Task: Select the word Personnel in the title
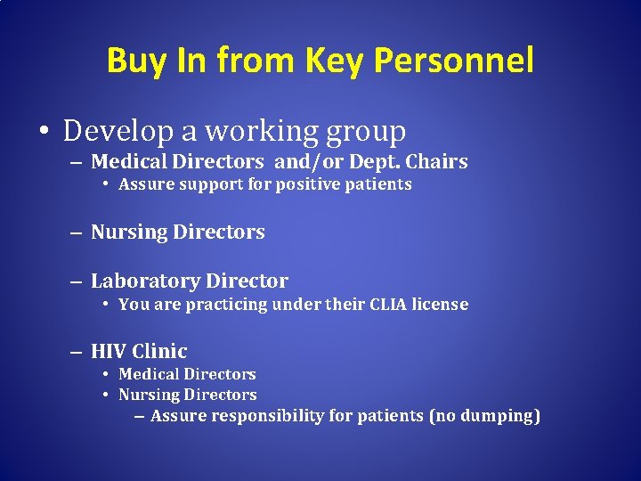pos(454,61)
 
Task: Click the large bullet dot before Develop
pos(44,133)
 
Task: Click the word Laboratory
pos(142,281)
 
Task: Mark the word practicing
pos(223,304)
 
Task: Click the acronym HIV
pos(108,351)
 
